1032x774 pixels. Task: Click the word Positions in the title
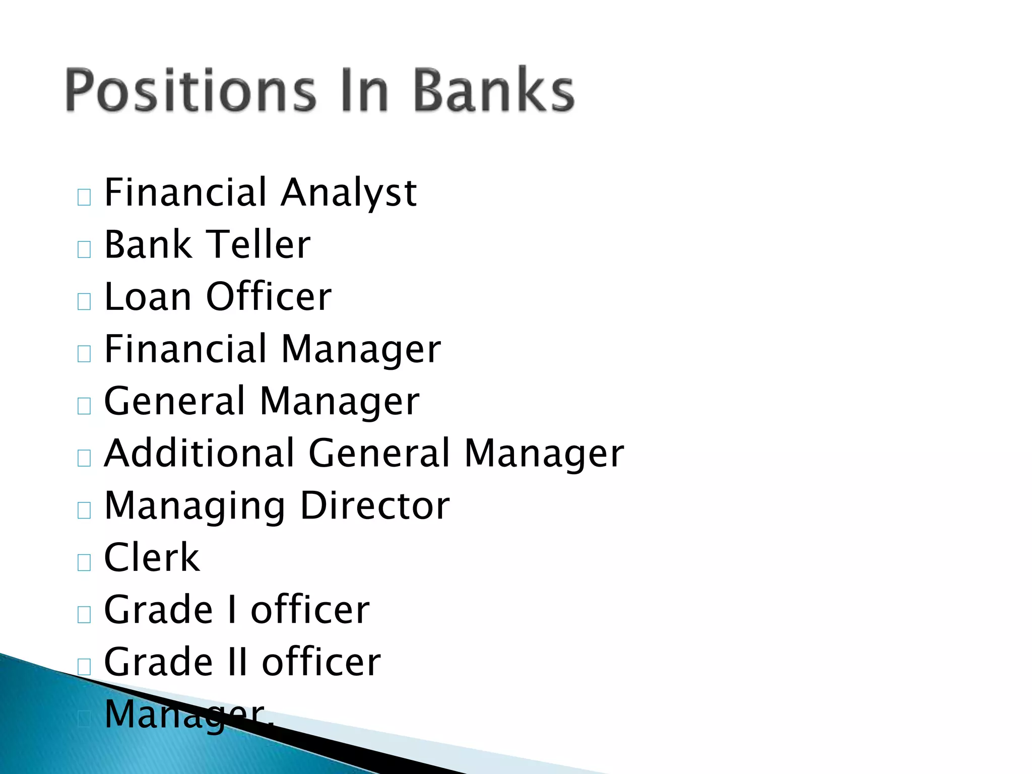tap(190, 91)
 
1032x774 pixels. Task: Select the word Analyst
tap(349, 193)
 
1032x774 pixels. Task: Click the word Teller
tap(259, 245)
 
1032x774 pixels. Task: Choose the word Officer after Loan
tap(269, 297)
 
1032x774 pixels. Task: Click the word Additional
tap(199, 454)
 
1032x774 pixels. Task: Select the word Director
tap(375, 506)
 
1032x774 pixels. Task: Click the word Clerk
tap(152, 558)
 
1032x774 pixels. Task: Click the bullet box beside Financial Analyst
tap(84, 197)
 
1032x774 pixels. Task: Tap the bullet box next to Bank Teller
tap(84, 249)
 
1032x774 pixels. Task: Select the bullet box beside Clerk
tap(84, 562)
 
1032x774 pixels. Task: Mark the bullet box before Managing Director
tap(84, 510)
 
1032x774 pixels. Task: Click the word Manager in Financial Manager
tap(361, 350)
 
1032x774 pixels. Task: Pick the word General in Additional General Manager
tap(379, 454)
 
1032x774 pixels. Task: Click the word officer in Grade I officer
tap(310, 610)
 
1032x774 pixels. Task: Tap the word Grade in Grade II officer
tap(158, 662)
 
